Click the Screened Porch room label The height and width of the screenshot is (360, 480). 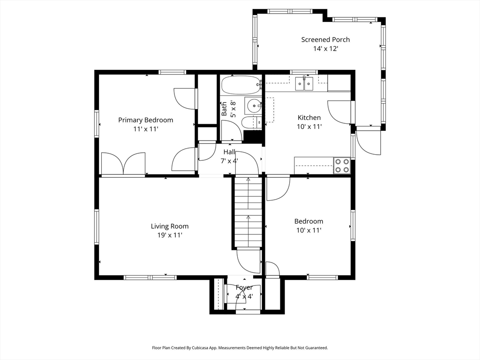pos(325,40)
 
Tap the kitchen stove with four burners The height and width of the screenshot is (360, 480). pos(341,165)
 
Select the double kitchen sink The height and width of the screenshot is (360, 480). pos(304,84)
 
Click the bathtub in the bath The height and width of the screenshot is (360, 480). pos(240,85)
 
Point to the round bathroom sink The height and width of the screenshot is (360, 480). pos(253,105)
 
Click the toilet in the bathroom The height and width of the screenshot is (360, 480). pos(249,123)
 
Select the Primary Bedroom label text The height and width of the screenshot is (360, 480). pos(145,120)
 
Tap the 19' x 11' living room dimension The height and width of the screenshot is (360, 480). pos(170,235)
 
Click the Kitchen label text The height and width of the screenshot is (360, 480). pos(309,118)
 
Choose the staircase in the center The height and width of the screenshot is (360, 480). pos(248,211)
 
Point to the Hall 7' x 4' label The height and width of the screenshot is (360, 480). pos(229,156)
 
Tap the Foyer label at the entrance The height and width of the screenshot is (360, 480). pos(244,287)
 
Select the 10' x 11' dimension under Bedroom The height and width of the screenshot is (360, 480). pos(308,230)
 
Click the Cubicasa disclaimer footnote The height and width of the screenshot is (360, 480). pos(240,348)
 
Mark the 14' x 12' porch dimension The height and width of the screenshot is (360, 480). pos(325,49)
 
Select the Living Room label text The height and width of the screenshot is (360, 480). pos(170,226)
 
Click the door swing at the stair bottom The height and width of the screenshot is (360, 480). pos(248,261)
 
